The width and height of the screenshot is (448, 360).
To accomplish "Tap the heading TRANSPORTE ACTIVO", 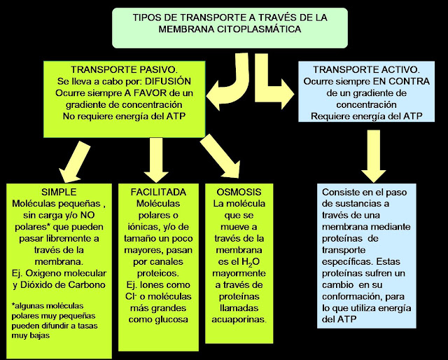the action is point(366,70).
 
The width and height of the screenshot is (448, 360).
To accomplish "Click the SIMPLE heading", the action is point(59,192).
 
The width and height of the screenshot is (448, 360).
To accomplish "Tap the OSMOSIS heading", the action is point(238,192).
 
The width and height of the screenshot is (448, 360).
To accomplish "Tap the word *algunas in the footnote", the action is point(29,305).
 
